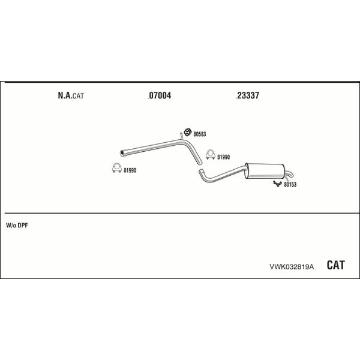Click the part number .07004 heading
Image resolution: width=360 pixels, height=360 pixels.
160,95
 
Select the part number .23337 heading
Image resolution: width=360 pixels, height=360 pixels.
247,95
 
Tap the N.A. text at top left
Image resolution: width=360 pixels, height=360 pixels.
65,95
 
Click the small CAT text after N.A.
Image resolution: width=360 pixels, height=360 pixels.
78,96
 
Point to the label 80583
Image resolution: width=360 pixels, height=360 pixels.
200,134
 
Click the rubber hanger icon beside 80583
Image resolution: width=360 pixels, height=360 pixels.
188,132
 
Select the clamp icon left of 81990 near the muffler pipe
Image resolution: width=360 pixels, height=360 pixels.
211,155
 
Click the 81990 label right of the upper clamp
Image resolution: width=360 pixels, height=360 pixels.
223,157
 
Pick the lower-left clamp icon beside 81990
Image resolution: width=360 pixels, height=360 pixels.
117,168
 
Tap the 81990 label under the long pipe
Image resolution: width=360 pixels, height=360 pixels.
130,170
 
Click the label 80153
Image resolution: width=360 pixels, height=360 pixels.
290,185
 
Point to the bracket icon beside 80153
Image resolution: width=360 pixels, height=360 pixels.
278,184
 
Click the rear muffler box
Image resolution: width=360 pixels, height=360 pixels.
265,171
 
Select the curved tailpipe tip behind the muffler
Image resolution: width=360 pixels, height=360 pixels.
290,174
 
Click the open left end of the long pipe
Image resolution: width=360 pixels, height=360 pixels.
122,154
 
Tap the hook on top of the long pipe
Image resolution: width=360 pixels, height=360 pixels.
181,136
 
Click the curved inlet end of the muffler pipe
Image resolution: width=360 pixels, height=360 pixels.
201,172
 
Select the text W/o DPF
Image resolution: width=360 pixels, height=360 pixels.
17,226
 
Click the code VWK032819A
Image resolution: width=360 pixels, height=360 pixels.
292,267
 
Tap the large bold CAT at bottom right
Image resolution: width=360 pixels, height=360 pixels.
335,265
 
